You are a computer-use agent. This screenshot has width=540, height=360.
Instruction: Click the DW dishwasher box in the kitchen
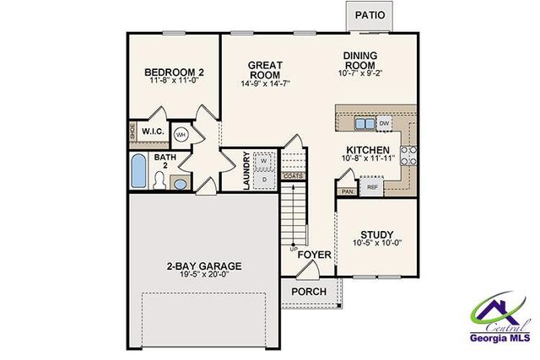click(x=385, y=123)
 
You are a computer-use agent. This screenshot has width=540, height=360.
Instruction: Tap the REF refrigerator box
click(x=372, y=187)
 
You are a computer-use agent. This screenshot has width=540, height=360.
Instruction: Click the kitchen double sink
click(x=364, y=123)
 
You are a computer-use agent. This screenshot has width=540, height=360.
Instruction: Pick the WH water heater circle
click(x=181, y=134)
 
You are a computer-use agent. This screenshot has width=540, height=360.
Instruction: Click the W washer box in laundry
click(x=263, y=160)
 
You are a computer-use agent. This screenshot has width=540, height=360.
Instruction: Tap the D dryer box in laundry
click(x=263, y=179)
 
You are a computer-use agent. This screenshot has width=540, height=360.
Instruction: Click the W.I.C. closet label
click(x=153, y=132)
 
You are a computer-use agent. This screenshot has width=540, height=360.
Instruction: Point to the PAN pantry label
click(x=346, y=191)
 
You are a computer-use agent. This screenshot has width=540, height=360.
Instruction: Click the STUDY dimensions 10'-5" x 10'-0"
click(x=377, y=244)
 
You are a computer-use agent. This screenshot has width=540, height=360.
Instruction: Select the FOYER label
click(x=315, y=252)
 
